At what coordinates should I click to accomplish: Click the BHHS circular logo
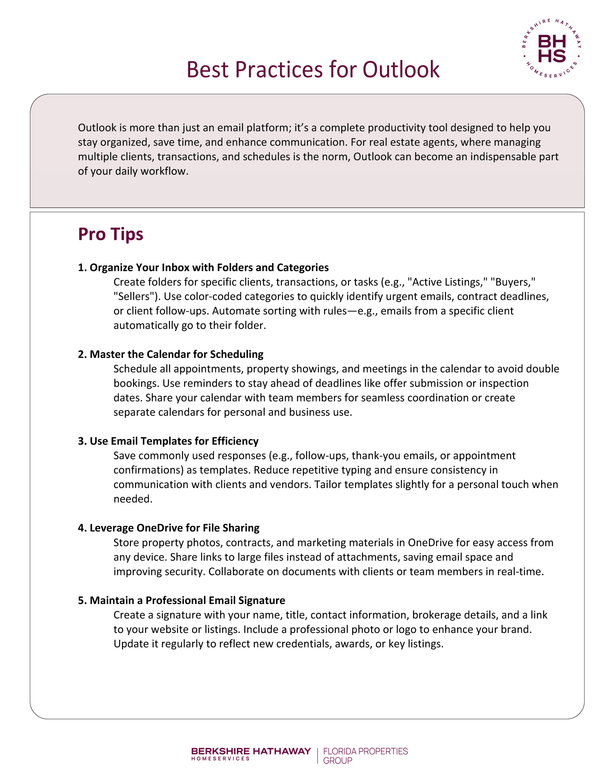point(551,49)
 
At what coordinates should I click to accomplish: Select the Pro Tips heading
point(111,234)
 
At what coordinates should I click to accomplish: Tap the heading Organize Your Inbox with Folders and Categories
point(203,268)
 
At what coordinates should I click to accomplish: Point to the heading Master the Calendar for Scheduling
point(171,354)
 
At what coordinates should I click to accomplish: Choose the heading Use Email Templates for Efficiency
point(168,441)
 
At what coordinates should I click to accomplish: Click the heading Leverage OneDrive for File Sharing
point(169,528)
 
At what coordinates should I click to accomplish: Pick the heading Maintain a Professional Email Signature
point(181,600)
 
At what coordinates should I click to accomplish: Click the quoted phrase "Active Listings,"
point(448,282)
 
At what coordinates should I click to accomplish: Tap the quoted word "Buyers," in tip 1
point(513,282)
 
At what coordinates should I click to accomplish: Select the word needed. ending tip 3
point(133,499)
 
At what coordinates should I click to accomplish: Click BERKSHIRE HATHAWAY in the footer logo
point(251,751)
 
